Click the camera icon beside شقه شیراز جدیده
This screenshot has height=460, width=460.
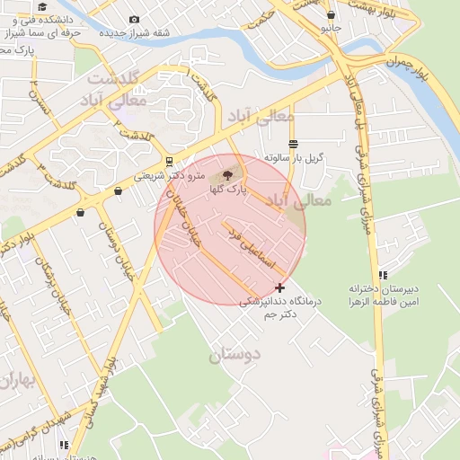[x=135, y=20]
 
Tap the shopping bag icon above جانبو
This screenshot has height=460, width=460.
[x=332, y=15]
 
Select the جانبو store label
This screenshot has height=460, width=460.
[x=332, y=28]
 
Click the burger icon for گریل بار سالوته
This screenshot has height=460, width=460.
[x=293, y=144]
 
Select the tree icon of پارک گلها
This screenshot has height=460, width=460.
[x=226, y=174]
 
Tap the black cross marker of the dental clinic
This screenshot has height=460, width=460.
[x=280, y=287]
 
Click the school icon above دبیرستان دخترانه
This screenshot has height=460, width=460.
[x=384, y=275]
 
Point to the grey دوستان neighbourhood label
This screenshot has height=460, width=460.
[x=234, y=355]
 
